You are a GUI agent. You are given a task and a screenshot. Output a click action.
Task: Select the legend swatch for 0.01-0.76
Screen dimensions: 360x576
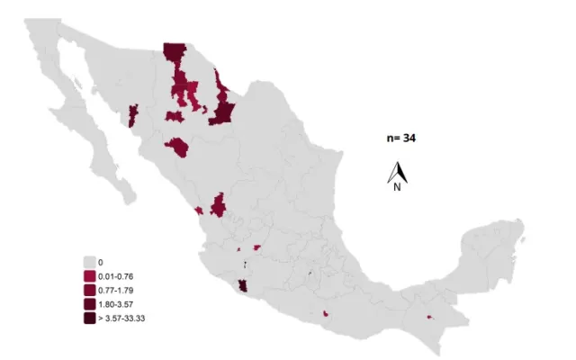88,275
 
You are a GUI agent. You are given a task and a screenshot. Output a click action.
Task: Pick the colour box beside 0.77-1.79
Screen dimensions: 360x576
88,290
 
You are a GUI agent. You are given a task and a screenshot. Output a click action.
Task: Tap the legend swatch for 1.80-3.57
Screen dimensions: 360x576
88,304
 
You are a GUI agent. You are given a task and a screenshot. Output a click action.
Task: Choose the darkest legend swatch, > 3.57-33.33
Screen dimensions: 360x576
88,318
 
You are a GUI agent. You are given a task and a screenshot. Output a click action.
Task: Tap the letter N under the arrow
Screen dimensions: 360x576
396,187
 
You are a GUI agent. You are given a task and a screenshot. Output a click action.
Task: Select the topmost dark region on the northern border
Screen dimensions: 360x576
174,52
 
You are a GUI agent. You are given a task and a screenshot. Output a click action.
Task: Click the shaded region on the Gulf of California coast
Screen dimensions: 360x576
134,115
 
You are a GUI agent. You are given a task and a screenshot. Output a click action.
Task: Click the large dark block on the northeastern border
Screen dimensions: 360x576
221,111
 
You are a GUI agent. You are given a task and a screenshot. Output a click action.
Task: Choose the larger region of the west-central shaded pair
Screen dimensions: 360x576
218,206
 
